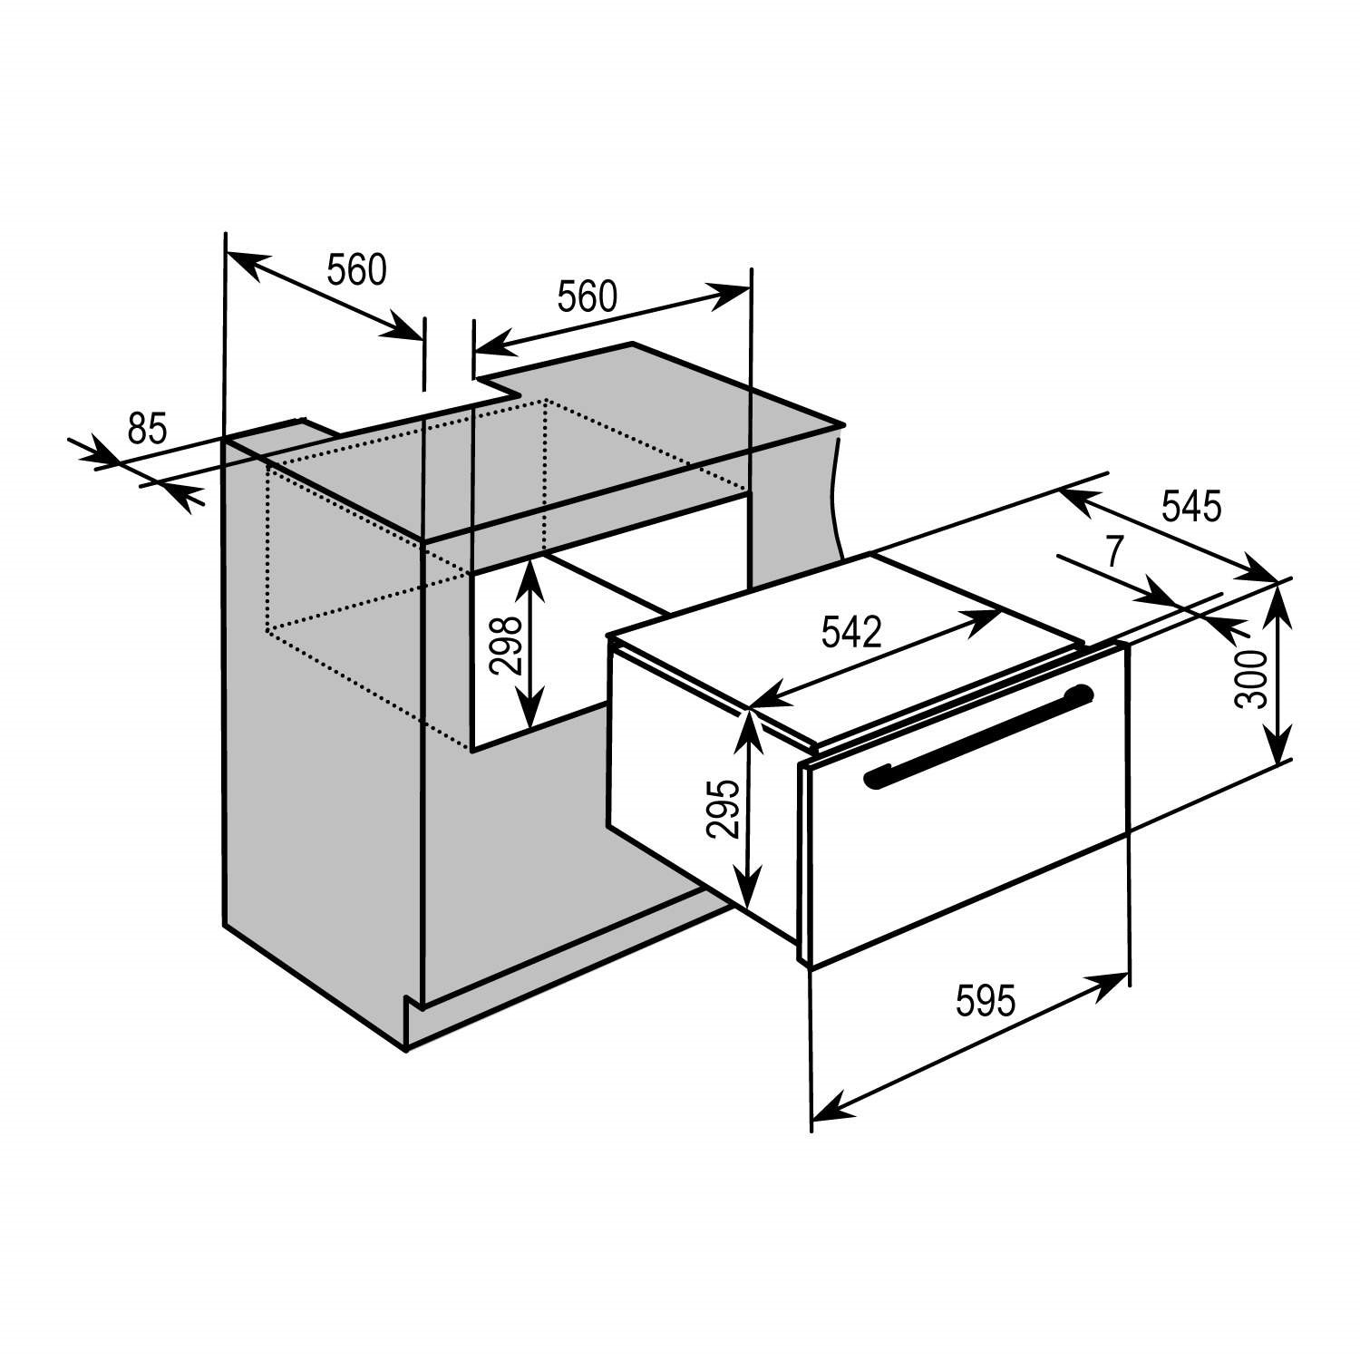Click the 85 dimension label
point(147,428)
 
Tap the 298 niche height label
point(506,645)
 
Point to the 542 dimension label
point(850,632)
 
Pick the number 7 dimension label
point(1114,550)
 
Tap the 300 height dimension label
point(1250,678)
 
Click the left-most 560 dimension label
point(356,269)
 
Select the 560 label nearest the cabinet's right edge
point(587,296)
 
